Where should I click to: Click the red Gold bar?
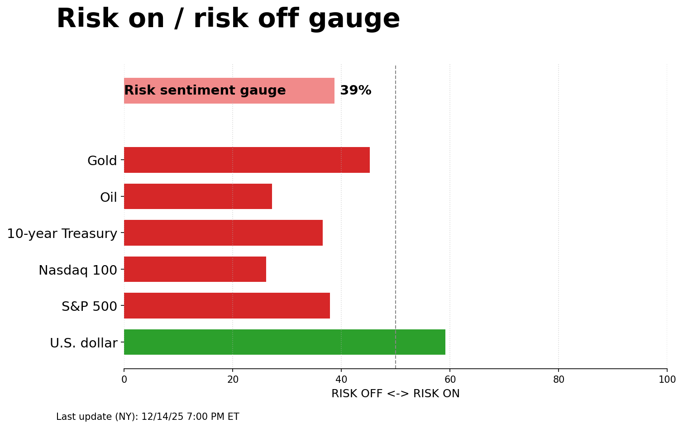pyautogui.click(x=247, y=160)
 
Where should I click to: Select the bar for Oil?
pyautogui.click(x=198, y=196)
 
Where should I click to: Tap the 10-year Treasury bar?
pyautogui.click(x=223, y=233)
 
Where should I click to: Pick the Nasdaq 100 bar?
pyautogui.click(x=195, y=269)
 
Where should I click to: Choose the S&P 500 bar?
pyautogui.click(x=227, y=305)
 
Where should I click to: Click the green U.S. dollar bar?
pyautogui.click(x=284, y=342)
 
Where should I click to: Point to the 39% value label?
pyautogui.click(x=355, y=90)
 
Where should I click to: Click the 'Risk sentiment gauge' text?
pyautogui.click(x=205, y=90)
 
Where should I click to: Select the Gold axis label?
pyautogui.click(x=102, y=161)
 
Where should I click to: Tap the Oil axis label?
pyautogui.click(x=109, y=197)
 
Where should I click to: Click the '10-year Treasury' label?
pyautogui.click(x=62, y=233)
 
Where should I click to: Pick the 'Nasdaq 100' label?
pyautogui.click(x=78, y=270)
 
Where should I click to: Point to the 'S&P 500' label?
pyautogui.click(x=89, y=306)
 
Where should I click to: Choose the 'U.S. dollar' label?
pyautogui.click(x=84, y=343)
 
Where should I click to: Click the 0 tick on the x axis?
pyautogui.click(x=124, y=380)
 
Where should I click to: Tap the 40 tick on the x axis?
pyautogui.click(x=341, y=380)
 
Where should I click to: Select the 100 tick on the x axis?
pyautogui.click(x=667, y=380)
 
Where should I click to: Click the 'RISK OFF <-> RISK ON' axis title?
pyautogui.click(x=395, y=394)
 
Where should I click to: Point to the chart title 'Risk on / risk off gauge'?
pyautogui.click(x=228, y=19)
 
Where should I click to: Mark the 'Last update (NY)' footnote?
pyautogui.click(x=148, y=417)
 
